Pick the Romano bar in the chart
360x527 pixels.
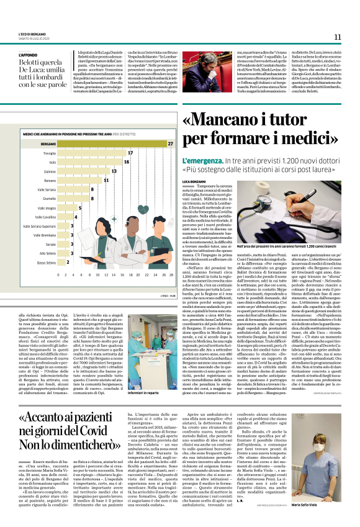79,180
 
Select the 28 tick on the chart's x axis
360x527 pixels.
171,274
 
